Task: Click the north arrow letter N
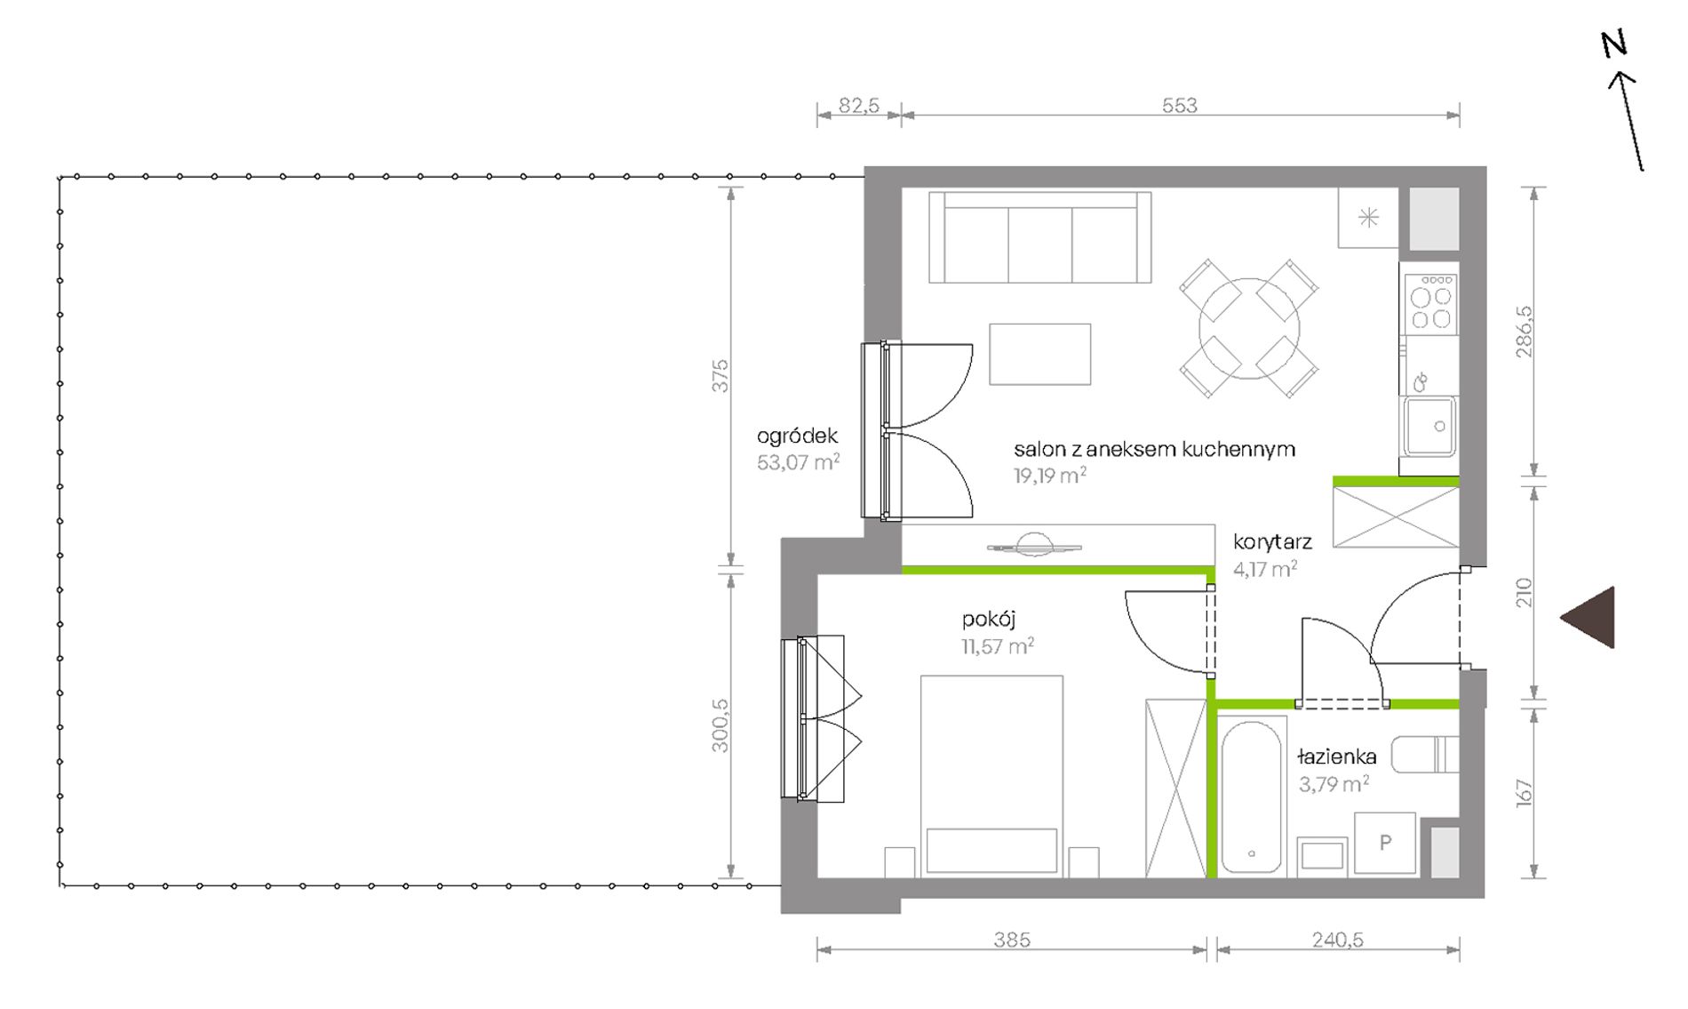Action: click(1613, 44)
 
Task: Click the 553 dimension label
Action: click(1180, 106)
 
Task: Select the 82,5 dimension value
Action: click(859, 106)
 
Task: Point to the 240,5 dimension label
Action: click(1337, 939)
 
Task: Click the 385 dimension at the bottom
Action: click(1012, 939)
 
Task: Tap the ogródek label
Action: click(797, 436)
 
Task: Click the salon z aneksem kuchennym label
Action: click(1154, 449)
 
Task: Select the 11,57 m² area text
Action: click(997, 645)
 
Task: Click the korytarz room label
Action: click(1272, 541)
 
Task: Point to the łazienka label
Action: click(1337, 757)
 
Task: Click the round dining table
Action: click(1248, 328)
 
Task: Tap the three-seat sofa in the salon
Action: click(1039, 237)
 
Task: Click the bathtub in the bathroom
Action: click(1251, 796)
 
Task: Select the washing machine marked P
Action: click(1384, 843)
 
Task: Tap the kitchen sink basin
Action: click(1429, 427)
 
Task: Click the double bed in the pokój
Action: click(991, 776)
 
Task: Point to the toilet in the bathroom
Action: click(1424, 755)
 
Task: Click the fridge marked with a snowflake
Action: click(1368, 218)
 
